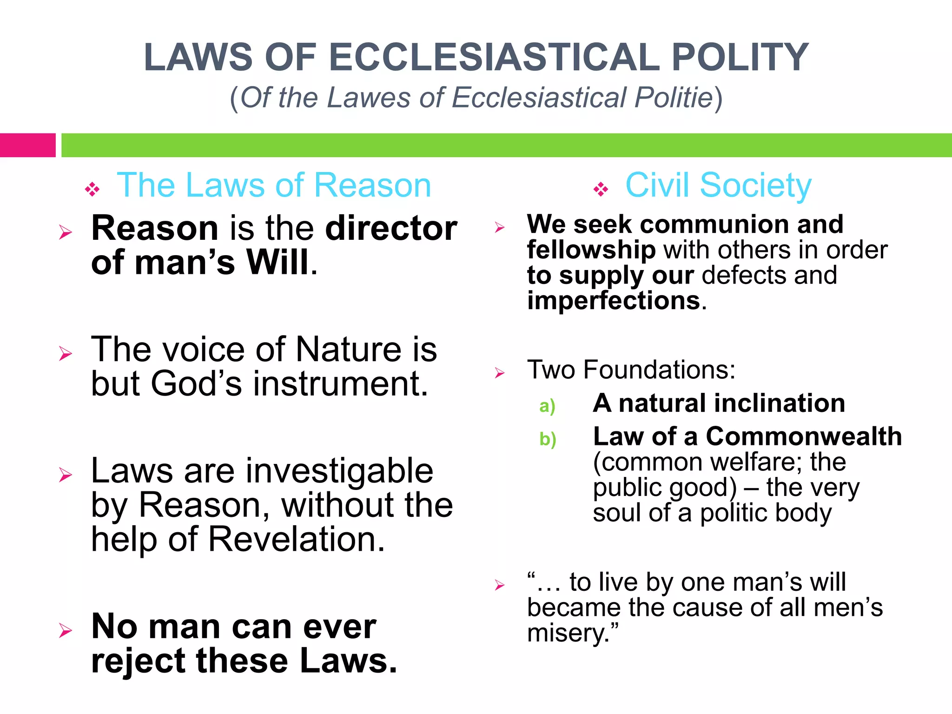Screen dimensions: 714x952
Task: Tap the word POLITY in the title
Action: (740, 57)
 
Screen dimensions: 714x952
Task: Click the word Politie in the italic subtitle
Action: (674, 98)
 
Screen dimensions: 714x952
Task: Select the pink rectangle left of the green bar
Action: (27, 145)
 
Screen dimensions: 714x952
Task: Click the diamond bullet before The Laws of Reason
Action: (92, 189)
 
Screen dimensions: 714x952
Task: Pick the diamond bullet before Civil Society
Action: (601, 189)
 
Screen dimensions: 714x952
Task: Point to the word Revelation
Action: (296, 539)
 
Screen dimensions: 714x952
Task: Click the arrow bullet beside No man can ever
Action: (66, 631)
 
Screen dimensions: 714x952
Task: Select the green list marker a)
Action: (547, 406)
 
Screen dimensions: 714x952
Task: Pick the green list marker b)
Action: (548, 439)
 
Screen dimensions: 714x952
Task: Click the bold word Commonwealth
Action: (804, 436)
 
